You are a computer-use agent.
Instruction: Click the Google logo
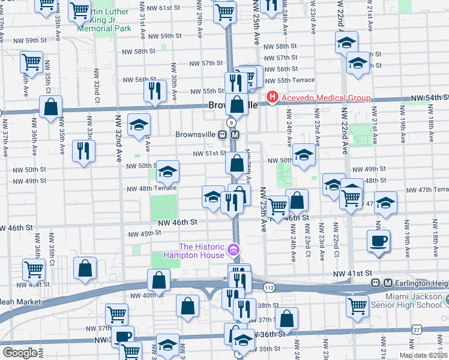point(19,353)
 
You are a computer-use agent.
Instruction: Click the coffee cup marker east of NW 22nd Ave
point(378,241)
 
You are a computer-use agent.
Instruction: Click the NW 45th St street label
point(143,233)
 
